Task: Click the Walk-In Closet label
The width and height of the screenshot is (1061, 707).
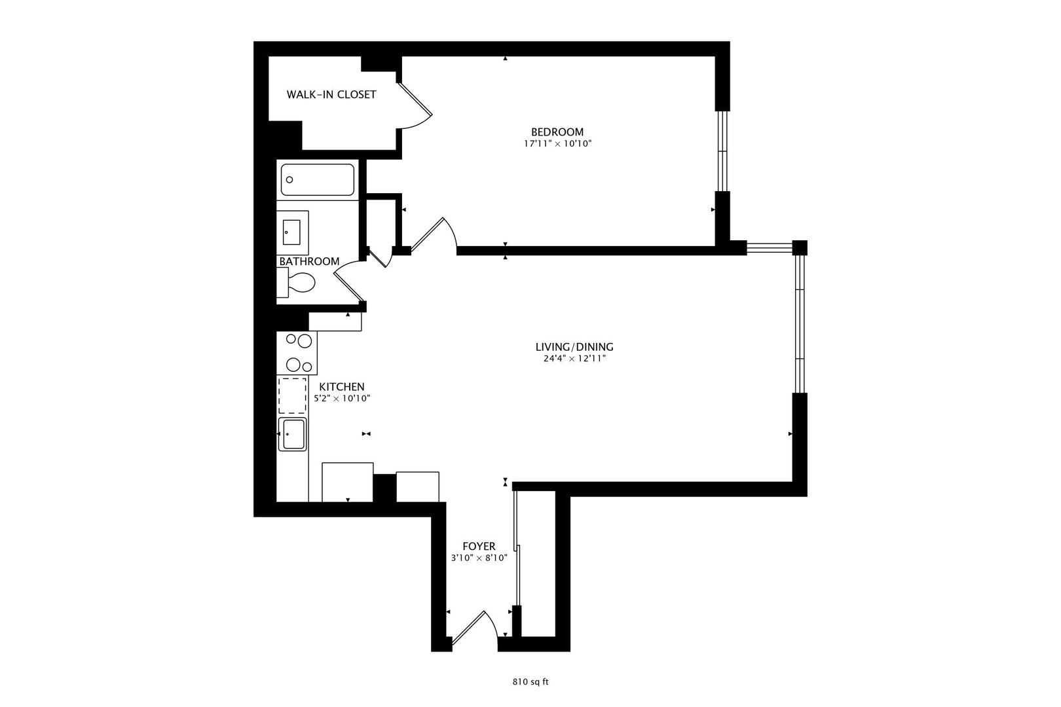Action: point(331,94)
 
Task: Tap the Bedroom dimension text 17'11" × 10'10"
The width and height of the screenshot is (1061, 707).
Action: point(557,143)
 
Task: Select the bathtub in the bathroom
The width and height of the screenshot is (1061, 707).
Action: point(318,179)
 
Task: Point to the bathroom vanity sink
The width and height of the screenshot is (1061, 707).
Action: point(291,232)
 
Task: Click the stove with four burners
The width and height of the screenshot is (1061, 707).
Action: point(297,353)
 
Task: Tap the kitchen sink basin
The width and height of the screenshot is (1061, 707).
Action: point(293,435)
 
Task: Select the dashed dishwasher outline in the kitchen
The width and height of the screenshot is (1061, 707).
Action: point(292,395)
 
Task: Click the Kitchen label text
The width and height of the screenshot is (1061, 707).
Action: point(341,387)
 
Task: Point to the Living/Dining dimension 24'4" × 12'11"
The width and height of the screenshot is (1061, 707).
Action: point(574,359)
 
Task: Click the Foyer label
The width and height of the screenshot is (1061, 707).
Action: point(479,546)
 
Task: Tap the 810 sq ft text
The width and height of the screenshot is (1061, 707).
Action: point(530,681)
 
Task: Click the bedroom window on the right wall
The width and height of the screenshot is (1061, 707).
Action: point(722,151)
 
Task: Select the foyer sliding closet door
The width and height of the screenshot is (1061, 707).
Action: point(517,550)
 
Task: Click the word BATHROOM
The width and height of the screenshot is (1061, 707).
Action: point(309,261)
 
